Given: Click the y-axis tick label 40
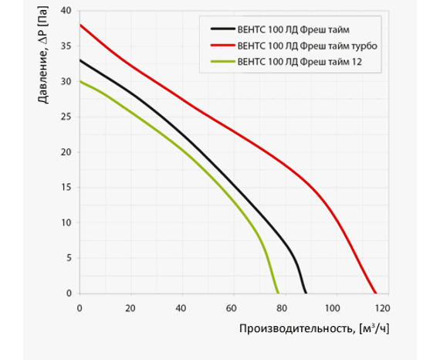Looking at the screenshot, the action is coord(66,11).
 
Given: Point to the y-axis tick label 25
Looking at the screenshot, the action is coord(66,117).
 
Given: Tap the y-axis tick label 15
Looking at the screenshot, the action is coord(66,187).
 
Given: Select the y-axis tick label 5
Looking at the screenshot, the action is coord(69,258).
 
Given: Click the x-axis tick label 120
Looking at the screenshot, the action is coord(382,308).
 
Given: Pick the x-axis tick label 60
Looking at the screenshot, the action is coord(232,308).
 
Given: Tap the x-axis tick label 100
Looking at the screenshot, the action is coord(332,308).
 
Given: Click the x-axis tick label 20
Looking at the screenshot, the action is coord(130,308).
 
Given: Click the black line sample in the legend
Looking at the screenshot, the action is coord(223,29).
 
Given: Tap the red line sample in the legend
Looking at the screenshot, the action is coord(223,46).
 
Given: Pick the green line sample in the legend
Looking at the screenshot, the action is coord(223,62).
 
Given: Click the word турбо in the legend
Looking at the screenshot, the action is coord(364,46).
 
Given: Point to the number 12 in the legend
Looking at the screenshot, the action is coord(357,62).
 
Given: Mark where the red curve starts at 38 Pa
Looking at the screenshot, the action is coord(80,25).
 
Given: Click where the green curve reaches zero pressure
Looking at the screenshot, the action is coord(278,294).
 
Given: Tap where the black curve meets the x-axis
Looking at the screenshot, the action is coord(306,294).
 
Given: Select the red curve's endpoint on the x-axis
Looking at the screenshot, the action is coord(376,294).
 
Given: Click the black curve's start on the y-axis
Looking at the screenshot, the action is coord(80,60).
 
